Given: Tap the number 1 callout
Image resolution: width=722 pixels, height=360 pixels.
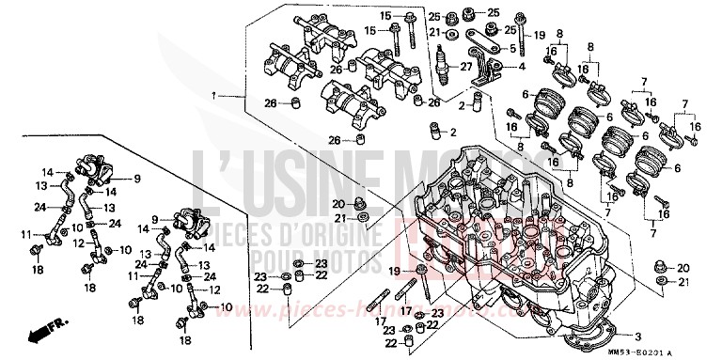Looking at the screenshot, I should pyautogui.click(x=215, y=96).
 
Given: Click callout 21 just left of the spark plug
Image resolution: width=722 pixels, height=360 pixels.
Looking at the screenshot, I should pyautogui.click(x=434, y=33).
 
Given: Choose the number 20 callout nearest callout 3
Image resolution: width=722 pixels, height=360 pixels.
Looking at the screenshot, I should pyautogui.click(x=683, y=268).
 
